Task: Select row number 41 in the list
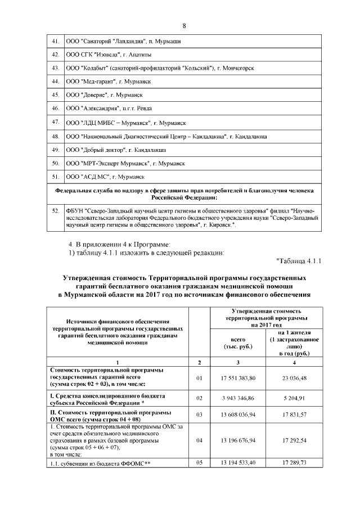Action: point(56,41)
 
